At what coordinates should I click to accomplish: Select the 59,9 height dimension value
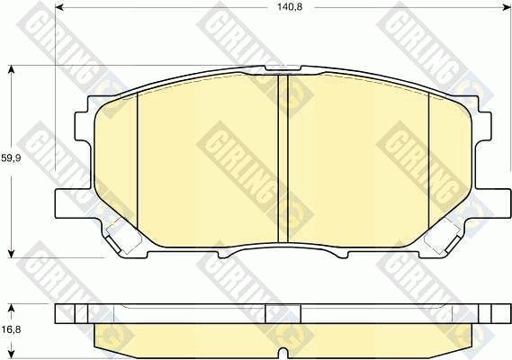pyautogui.click(x=11, y=158)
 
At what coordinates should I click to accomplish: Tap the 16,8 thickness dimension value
pyautogui.click(x=11, y=329)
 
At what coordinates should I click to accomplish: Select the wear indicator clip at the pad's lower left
pyautogui.click(x=117, y=238)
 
